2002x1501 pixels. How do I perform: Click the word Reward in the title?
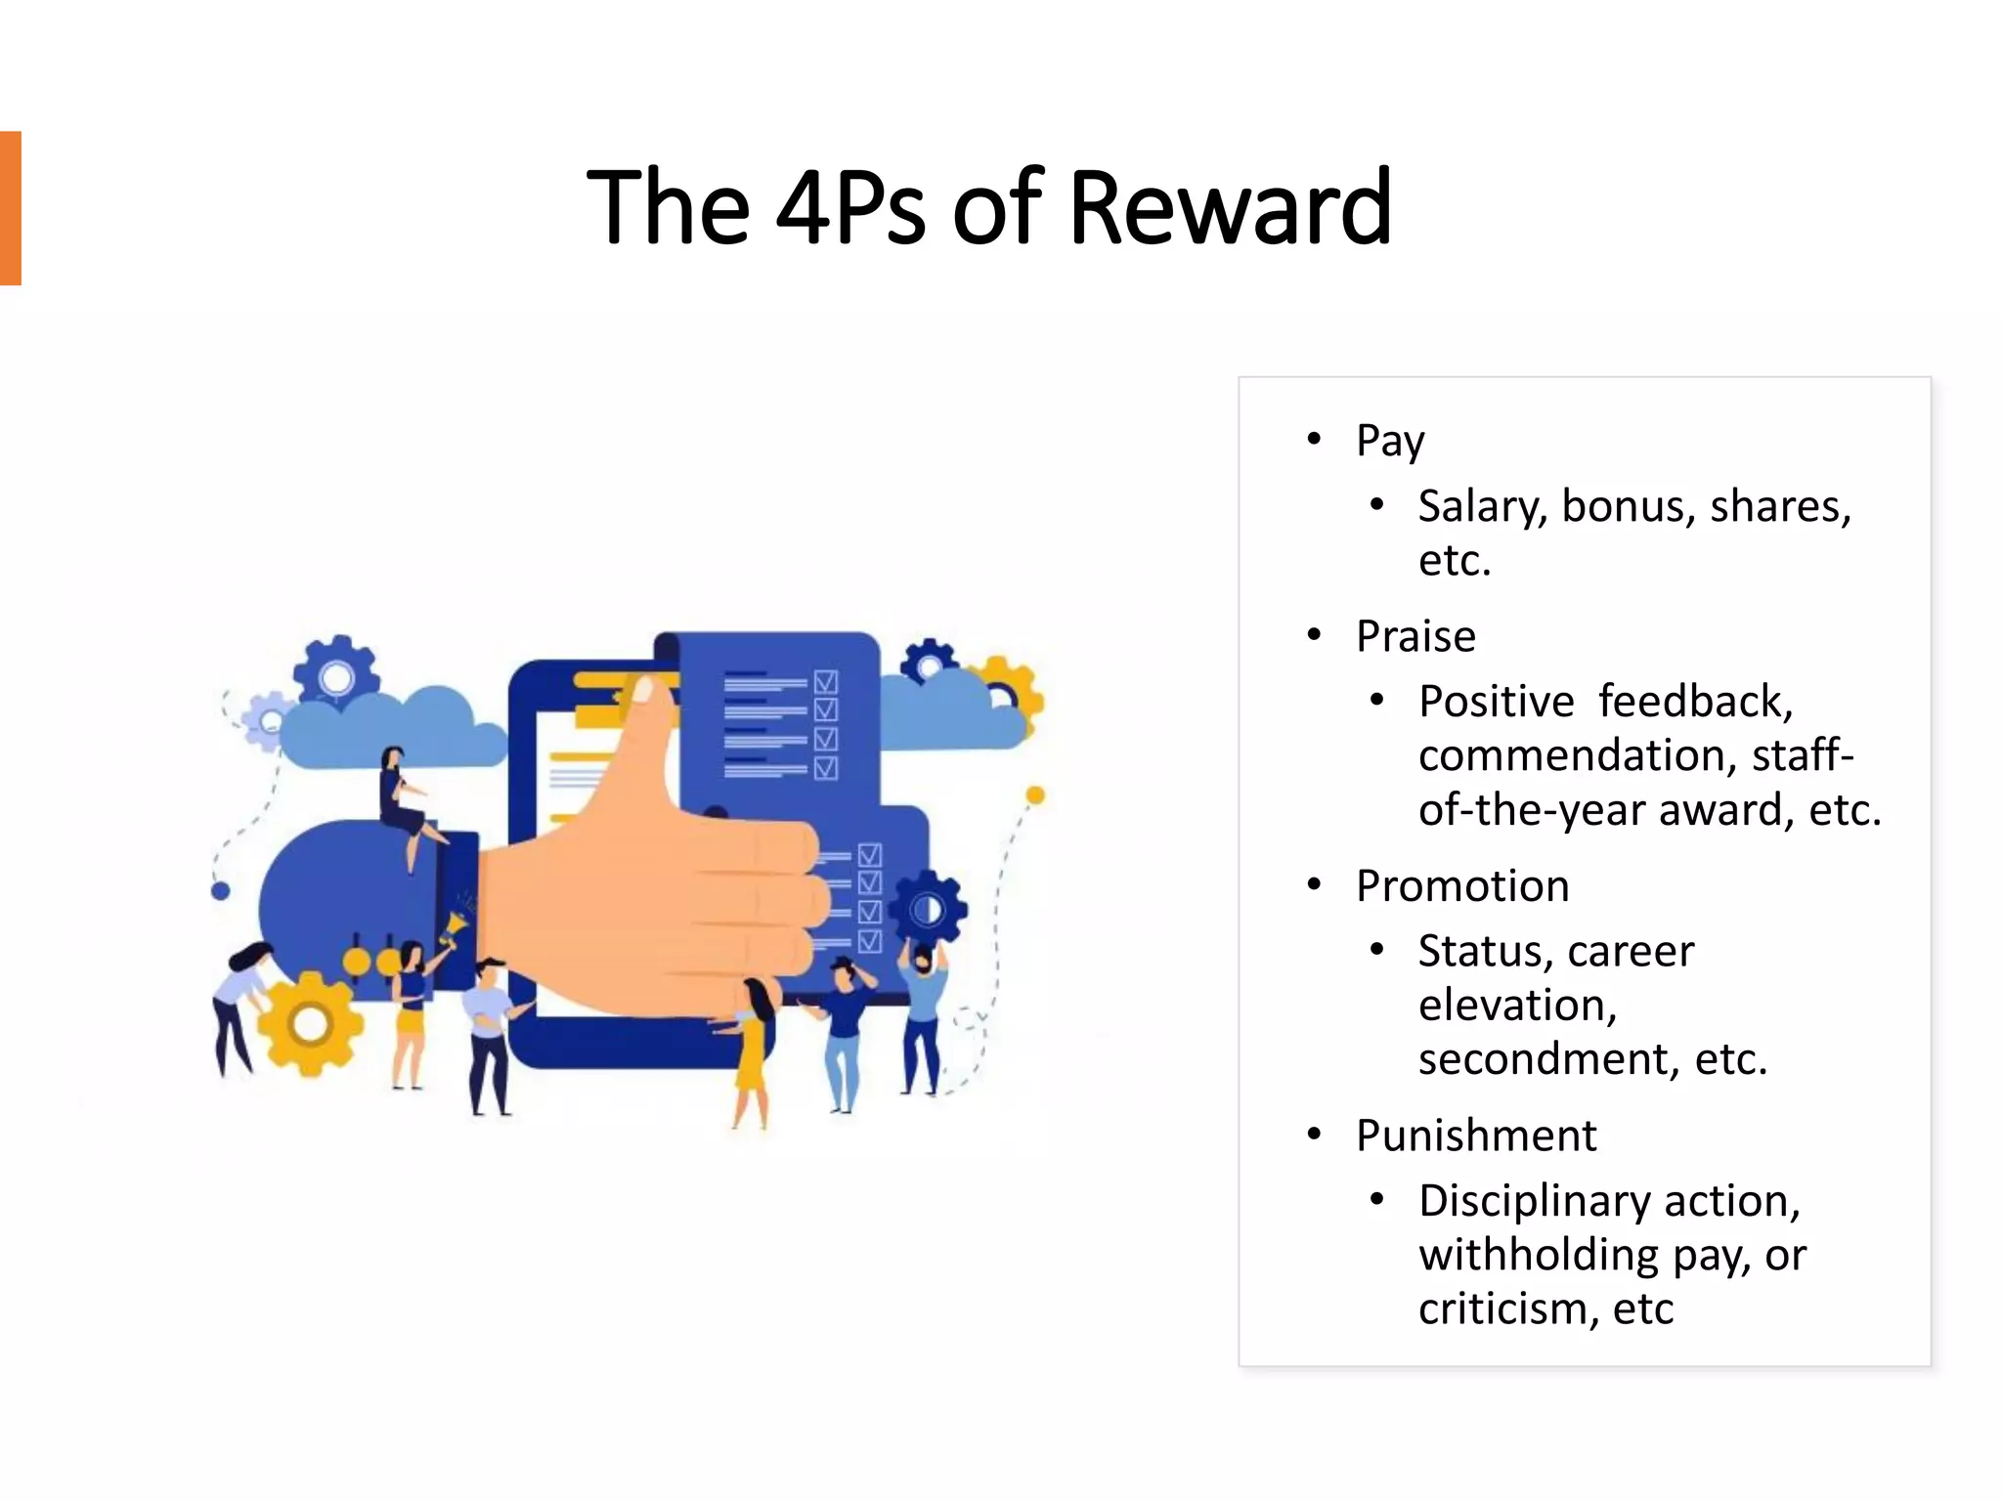(1230, 207)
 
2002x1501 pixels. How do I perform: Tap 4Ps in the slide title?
(849, 207)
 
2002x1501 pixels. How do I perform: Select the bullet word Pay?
(1389, 441)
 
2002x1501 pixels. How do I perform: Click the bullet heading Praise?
(1414, 636)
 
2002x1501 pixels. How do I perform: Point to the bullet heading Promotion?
(1461, 886)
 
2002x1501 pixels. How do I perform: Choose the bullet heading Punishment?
(1475, 1136)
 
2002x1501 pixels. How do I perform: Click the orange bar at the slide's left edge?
(11, 208)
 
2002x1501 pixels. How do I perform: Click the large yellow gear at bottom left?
(310, 1024)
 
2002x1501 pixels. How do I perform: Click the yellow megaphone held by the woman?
(455, 925)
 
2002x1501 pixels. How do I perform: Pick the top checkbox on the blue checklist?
(826, 681)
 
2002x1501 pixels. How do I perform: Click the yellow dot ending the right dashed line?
(1035, 795)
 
